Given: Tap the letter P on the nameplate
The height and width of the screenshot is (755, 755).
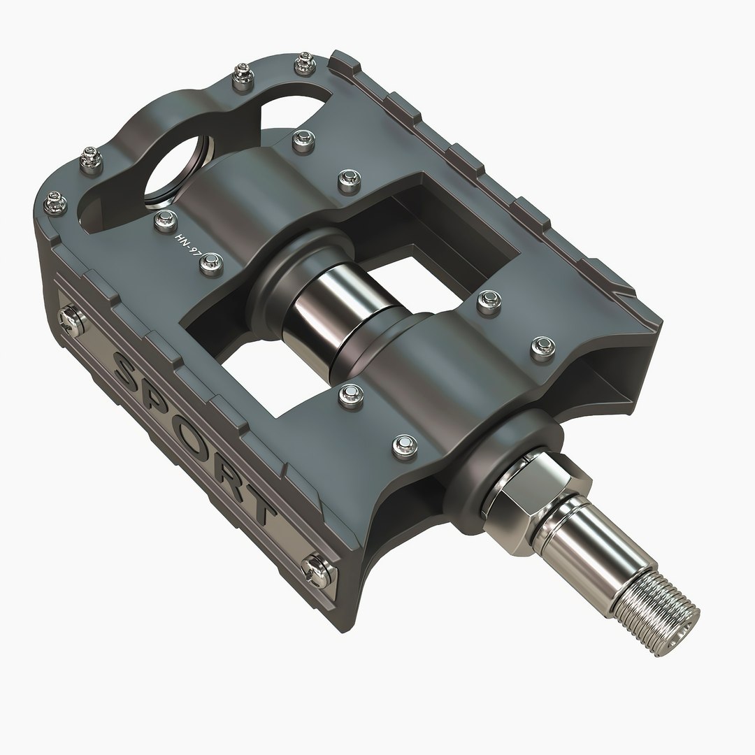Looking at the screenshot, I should (162, 408).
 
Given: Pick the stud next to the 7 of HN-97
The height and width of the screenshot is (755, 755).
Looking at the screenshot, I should (208, 262).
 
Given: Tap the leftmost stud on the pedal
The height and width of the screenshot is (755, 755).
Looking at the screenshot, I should (55, 203).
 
